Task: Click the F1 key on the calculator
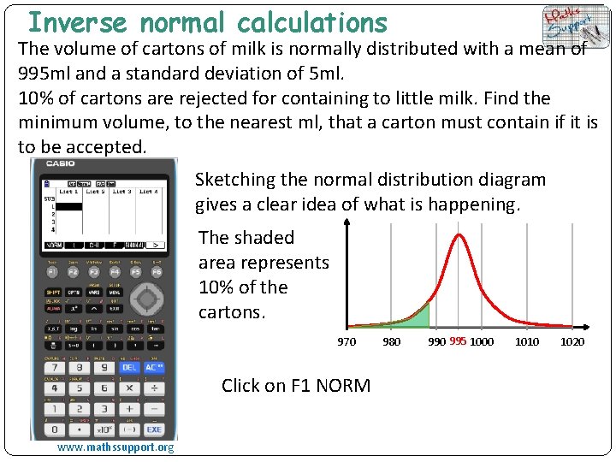[51, 271]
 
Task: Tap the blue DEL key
[128, 367]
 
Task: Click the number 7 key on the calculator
[51, 367]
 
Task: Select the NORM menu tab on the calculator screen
[54, 244]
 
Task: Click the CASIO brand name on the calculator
[60, 163]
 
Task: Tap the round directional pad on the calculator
[147, 299]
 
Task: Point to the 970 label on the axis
[346, 342]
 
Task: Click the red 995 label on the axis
[458, 341]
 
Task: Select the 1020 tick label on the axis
[572, 342]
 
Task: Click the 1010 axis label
[527, 342]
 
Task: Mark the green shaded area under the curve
[418, 317]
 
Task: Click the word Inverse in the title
[77, 22]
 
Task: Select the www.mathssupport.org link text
[115, 447]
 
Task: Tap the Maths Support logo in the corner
[571, 27]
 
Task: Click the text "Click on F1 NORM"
[296, 385]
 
